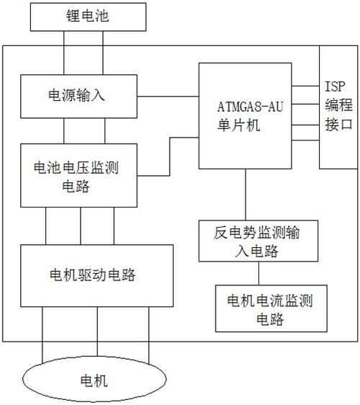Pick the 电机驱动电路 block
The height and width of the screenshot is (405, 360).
[96, 275]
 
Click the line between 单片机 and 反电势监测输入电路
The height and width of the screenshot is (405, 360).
[246, 195]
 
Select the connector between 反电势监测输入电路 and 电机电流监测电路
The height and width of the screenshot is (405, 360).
[257, 272]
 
